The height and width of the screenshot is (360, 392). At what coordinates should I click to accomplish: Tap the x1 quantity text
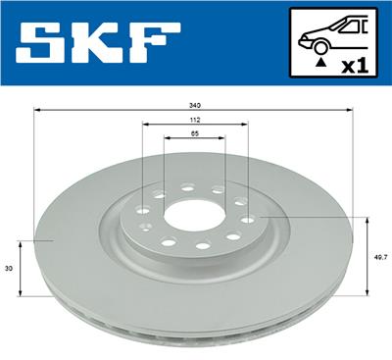tap(355, 67)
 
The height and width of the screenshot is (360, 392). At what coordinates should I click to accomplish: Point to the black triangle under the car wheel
tap(321, 61)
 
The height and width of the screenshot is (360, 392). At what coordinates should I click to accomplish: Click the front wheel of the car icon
tap(320, 47)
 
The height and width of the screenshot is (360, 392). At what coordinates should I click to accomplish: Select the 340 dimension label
tap(195, 106)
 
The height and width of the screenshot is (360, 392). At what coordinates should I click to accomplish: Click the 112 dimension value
tap(195, 120)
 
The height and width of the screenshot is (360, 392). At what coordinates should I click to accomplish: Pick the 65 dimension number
tap(195, 133)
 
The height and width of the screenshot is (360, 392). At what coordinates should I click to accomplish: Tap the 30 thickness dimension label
tap(10, 269)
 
